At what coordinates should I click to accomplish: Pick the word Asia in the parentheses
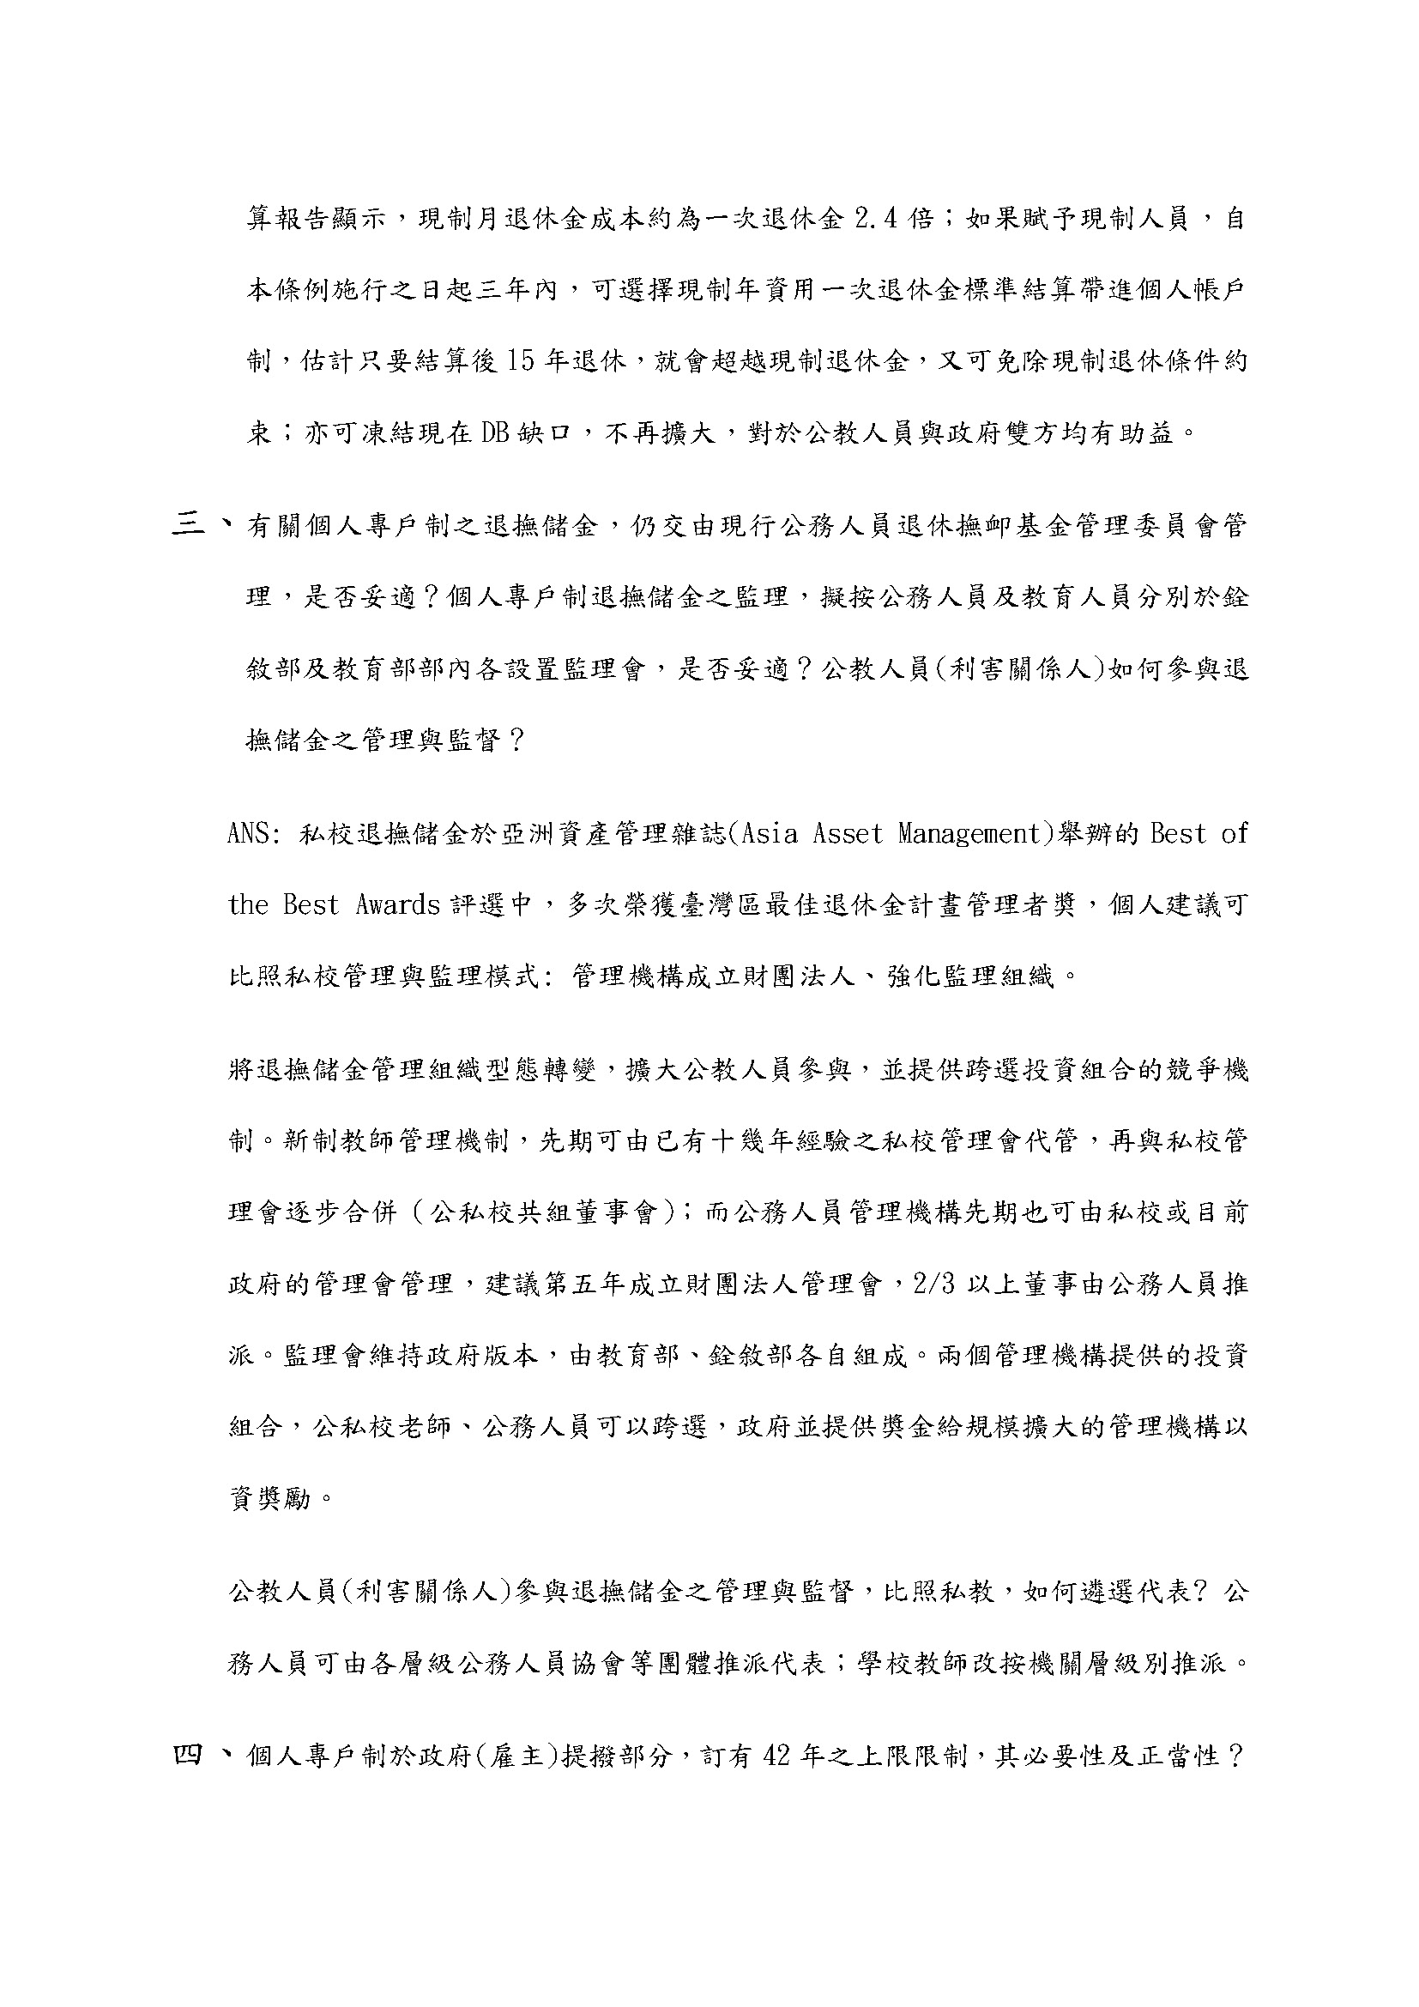tap(768, 834)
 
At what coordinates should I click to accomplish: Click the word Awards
tap(396, 904)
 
